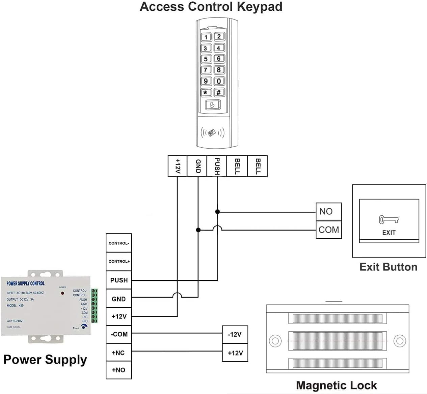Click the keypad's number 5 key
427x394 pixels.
pyautogui.click(x=206, y=59)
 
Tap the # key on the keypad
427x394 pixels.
pyautogui.click(x=219, y=92)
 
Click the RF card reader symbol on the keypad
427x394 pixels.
pyautogui.click(x=212, y=132)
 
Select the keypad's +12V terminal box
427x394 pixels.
pyautogui.click(x=178, y=166)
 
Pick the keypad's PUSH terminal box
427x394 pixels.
pyautogui.click(x=217, y=166)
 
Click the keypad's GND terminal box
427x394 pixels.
pyautogui.click(x=197, y=166)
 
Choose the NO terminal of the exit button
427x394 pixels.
pyautogui.click(x=328, y=212)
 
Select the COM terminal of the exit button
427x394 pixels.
pyautogui.click(x=328, y=230)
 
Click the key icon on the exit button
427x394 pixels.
pyautogui.click(x=389, y=220)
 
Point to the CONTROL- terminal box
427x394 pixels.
pyautogui.click(x=118, y=243)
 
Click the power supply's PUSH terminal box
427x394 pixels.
pyautogui.click(x=118, y=280)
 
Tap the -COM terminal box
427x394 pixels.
pyautogui.click(x=118, y=334)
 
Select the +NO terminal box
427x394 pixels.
pyautogui.click(x=118, y=370)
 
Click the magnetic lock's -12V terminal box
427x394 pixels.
pyautogui.click(x=235, y=335)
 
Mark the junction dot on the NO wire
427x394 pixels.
pyautogui.click(x=217, y=212)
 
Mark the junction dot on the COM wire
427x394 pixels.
pyautogui.click(x=198, y=230)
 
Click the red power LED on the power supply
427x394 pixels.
pyautogui.click(x=62, y=293)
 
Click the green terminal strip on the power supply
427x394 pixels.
pyautogui.click(x=95, y=306)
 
